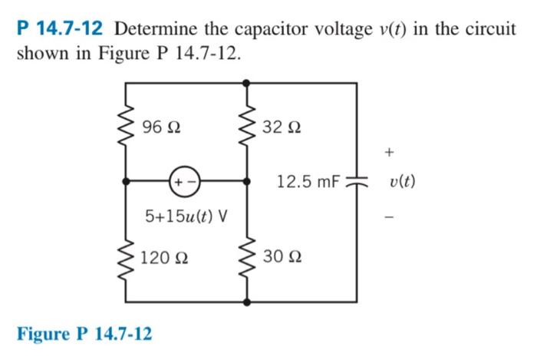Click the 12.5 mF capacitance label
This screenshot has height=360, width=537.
tap(308, 182)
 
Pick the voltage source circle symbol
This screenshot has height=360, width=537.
tap(185, 182)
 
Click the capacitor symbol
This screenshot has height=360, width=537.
tap(356, 182)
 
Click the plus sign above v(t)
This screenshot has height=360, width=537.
tap(390, 153)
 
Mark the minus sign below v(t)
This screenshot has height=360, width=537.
tap(390, 216)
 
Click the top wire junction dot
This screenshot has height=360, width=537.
tap(246, 81)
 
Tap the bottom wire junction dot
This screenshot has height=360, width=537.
tap(246, 302)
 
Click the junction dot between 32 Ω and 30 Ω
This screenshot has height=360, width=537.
tap(246, 182)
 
